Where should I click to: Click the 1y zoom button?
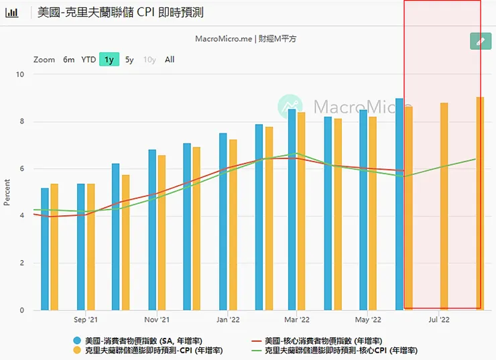click(109, 60)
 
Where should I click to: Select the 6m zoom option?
click(69, 60)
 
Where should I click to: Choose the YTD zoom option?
click(88, 60)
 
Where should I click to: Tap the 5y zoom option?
click(129, 60)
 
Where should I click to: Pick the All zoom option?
click(170, 60)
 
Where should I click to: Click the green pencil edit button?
click(480, 42)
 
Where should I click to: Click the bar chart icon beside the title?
click(12, 12)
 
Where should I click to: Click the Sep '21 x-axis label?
click(86, 320)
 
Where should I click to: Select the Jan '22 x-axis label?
click(228, 320)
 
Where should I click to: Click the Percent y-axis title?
click(7, 192)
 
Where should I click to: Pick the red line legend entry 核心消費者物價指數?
click(322, 340)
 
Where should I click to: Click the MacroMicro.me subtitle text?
click(245, 39)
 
